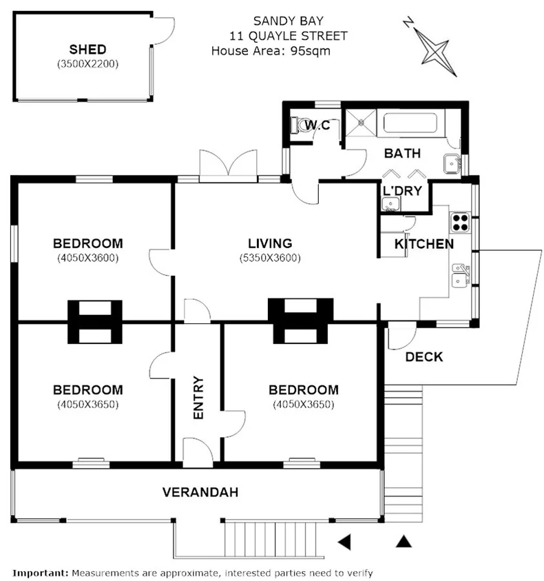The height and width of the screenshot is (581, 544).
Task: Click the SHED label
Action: click(x=87, y=49)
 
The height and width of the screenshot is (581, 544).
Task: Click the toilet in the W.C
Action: click(x=298, y=125)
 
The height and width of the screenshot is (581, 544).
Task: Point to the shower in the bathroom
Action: click(x=362, y=123)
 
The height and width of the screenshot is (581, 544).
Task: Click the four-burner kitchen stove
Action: click(x=459, y=222)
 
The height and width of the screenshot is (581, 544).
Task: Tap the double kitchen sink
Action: click(x=459, y=274)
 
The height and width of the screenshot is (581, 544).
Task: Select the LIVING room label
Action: click(x=270, y=243)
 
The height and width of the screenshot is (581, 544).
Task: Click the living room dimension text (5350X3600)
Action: click(x=270, y=258)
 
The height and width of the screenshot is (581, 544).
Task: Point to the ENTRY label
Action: click(x=198, y=397)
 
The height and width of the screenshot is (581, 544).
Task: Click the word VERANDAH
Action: click(x=200, y=492)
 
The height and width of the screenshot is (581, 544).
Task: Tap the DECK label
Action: click(x=423, y=357)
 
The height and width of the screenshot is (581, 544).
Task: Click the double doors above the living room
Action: click(x=227, y=165)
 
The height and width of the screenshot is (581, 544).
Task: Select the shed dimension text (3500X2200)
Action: click(x=87, y=63)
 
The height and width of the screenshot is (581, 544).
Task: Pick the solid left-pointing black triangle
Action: click(x=344, y=542)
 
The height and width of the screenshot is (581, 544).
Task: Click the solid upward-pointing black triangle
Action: click(x=404, y=542)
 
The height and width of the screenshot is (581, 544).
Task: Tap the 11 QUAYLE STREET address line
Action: click(x=289, y=36)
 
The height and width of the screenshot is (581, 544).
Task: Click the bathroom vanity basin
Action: click(x=452, y=164)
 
